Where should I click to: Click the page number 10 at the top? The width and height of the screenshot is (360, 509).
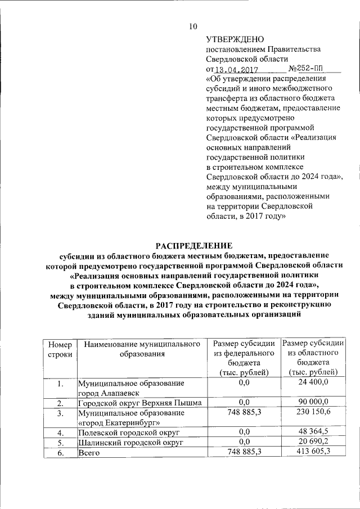point(193,26)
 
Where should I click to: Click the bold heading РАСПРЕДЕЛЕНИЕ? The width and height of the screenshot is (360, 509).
point(193,246)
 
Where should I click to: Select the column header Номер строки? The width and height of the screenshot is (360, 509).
point(60,349)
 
